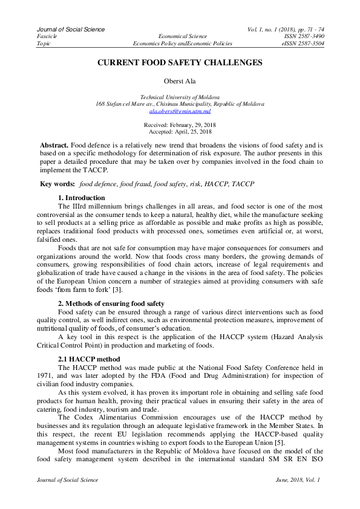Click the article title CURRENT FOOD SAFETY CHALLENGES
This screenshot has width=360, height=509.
click(180, 63)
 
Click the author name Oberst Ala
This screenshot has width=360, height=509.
click(180, 82)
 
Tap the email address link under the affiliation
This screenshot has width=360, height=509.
click(180, 111)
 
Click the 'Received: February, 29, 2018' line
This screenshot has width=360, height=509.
click(180, 125)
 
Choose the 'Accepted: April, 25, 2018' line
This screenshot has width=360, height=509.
click(180, 131)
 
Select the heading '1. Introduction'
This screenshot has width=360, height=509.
click(81, 198)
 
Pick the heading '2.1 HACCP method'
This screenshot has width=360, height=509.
click(88, 360)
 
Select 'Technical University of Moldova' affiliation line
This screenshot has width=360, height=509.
click(180, 97)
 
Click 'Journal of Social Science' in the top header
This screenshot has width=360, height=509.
click(71, 29)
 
